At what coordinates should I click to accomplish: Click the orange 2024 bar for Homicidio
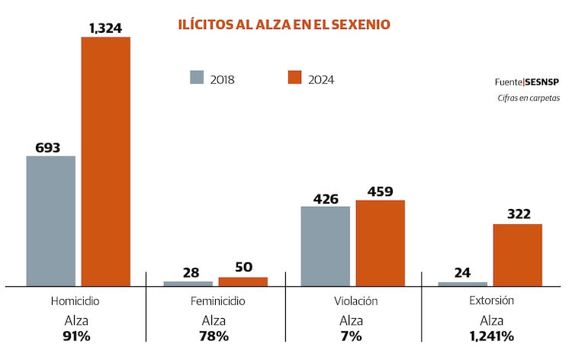click(x=106, y=161)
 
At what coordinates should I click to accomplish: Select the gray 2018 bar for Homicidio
click(x=51, y=220)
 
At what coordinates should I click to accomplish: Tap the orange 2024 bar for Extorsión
click(x=517, y=255)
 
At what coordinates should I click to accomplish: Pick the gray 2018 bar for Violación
click(x=325, y=246)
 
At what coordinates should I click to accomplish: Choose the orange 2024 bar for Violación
click(x=380, y=243)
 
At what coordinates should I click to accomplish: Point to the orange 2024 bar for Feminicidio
click(x=243, y=281)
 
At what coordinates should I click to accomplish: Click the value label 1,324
click(x=106, y=27)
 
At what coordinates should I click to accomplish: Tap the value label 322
click(x=518, y=214)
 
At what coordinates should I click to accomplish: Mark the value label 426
click(x=326, y=198)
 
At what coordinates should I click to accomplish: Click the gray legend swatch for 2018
click(x=197, y=78)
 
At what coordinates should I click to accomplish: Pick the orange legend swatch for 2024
click(x=294, y=78)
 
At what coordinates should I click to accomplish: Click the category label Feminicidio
click(x=218, y=301)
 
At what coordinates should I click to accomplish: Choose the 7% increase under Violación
click(x=351, y=336)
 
